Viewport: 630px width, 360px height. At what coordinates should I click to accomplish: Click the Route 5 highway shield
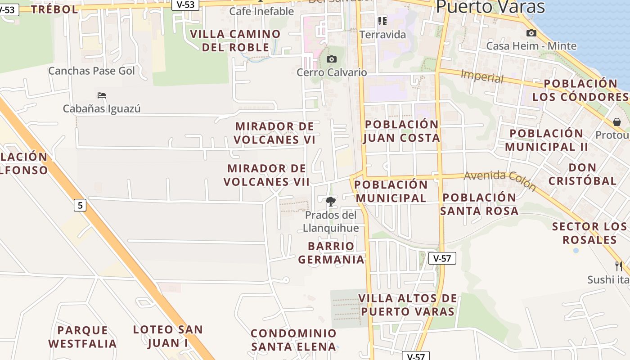point(80,206)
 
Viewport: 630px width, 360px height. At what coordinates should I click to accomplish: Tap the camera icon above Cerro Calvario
point(332,59)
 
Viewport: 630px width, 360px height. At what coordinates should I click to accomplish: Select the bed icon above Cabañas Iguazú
point(102,95)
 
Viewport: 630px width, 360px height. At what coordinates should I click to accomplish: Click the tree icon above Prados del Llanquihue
point(331,201)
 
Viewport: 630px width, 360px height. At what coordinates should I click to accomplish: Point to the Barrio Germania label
point(331,253)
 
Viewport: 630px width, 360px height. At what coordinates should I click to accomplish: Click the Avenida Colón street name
point(500,180)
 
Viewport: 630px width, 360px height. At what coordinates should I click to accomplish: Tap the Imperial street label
point(482,76)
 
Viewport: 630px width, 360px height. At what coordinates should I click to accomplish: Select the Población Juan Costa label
point(401,131)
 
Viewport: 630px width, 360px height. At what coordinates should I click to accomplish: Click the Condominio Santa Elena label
point(294,340)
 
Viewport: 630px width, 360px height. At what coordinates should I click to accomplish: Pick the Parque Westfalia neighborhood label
point(83,337)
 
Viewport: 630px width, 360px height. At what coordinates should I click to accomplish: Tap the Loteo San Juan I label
point(168,336)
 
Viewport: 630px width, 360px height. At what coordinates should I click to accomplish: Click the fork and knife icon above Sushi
point(619,266)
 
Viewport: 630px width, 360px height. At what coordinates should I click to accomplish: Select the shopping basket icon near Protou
point(616,122)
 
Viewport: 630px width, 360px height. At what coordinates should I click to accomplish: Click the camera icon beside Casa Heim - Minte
point(531,33)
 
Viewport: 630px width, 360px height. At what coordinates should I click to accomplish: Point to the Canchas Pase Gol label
point(91,71)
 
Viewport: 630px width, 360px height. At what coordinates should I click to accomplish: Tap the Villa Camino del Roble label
point(235,40)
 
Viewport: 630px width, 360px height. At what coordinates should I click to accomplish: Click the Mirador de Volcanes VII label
point(266,175)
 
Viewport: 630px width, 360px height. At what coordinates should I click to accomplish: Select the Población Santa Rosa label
point(479,204)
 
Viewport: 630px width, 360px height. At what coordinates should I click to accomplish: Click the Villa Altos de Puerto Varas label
point(408,305)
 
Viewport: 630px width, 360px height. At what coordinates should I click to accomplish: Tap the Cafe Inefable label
point(261,11)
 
